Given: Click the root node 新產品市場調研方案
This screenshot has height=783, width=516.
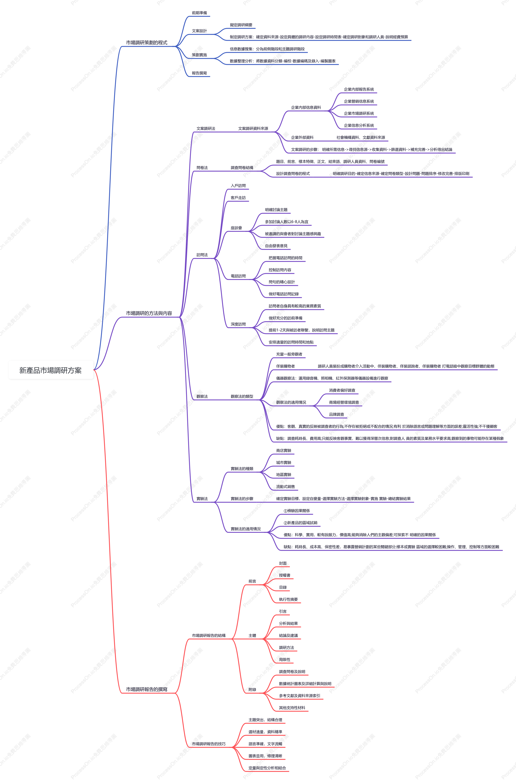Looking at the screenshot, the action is (x=50, y=370).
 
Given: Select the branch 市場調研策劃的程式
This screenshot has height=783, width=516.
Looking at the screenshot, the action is (x=147, y=42).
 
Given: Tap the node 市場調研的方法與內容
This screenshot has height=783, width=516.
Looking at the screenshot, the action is (x=149, y=313).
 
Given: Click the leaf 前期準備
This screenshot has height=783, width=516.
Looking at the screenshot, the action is (x=199, y=13).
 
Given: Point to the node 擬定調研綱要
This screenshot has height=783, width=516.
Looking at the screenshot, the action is (x=241, y=25).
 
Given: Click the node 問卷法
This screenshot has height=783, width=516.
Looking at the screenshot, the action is (x=202, y=168).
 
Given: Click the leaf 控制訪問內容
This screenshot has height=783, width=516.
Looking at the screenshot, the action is (x=280, y=270).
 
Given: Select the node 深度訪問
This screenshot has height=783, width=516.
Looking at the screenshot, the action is (x=238, y=324).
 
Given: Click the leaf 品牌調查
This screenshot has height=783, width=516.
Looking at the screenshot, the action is (x=337, y=415).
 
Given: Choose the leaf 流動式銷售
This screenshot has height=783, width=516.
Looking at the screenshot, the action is (x=285, y=487).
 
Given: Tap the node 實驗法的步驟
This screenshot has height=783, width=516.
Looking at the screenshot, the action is (x=242, y=499).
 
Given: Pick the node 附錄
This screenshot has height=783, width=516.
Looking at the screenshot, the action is (x=252, y=690).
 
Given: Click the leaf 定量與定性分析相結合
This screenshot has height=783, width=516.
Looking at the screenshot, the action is (x=267, y=768).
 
